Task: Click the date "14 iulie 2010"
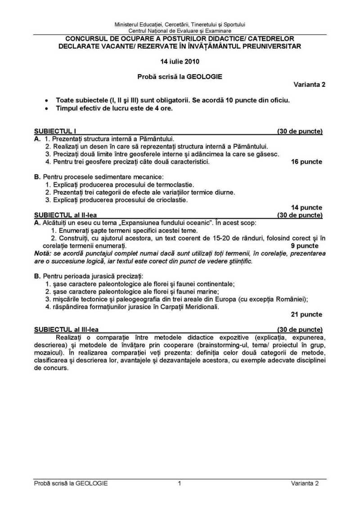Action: coord(180,61)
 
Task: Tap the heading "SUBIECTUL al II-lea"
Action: coord(65,215)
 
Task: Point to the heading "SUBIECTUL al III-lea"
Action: coord(67,329)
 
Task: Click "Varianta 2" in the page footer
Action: coord(304,483)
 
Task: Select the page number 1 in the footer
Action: coord(180,483)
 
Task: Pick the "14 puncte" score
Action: coord(307,207)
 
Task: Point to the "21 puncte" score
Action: coord(307,314)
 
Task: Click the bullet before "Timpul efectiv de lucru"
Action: coord(46,108)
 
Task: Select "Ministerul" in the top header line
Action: coord(128,24)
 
